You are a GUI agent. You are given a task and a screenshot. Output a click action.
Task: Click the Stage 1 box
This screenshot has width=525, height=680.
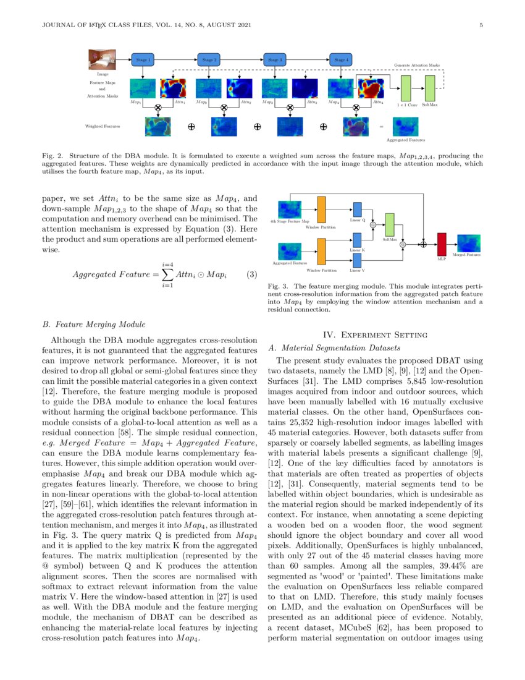[x=142, y=60]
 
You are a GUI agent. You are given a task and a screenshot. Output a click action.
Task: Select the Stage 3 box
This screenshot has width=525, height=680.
[x=274, y=60]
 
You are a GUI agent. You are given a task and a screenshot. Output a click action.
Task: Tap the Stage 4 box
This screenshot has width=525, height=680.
[x=340, y=60]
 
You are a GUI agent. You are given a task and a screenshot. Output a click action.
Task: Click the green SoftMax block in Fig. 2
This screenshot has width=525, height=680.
[x=430, y=88]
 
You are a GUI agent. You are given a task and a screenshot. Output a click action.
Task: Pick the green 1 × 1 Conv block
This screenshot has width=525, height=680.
[x=406, y=88]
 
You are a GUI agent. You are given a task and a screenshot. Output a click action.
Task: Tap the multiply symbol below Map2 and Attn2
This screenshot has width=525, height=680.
[x=224, y=107]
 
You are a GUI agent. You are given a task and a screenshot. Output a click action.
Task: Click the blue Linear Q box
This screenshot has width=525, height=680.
[x=357, y=210]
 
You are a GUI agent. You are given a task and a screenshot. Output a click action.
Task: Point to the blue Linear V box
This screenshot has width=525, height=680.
[x=357, y=260]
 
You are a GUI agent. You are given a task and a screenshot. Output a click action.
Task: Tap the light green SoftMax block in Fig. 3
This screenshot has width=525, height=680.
[x=389, y=224]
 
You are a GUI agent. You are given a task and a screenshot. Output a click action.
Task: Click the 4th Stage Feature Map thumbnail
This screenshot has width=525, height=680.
[x=290, y=209]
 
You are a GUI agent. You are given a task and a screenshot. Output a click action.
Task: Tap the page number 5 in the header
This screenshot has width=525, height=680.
[x=481, y=25]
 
